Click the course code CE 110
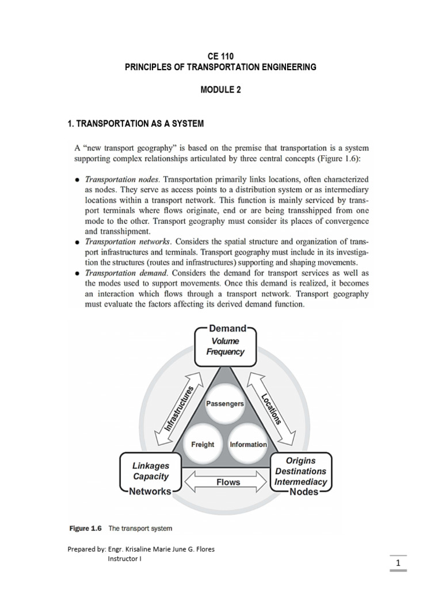220,56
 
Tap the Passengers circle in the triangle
225,404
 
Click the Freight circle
202,444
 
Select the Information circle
248,444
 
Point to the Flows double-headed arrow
228,482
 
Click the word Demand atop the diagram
227,329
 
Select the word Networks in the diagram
150,491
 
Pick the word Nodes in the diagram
304,492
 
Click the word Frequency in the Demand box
225,351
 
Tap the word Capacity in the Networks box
151,476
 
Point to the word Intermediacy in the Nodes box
300,481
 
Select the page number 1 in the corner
398,561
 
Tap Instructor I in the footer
125,559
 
